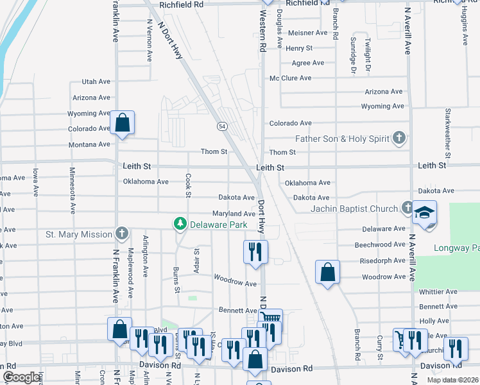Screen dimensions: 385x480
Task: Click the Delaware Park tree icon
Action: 181,224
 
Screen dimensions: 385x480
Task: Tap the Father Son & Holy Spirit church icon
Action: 399,138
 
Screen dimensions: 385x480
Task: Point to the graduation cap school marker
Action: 425,213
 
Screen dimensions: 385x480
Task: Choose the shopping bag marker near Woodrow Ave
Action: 327,272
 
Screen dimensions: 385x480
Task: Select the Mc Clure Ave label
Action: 290,78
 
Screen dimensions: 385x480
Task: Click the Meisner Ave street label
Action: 308,33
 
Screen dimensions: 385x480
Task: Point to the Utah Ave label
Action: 96,82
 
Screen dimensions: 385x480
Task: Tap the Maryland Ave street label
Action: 235,214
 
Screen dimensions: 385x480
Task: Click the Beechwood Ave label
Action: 380,245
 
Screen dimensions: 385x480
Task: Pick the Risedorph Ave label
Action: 383,261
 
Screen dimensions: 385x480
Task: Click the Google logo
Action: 22,377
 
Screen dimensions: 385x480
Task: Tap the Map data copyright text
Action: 452,380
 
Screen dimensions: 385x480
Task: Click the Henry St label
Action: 299,48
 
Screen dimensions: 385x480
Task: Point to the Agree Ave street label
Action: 308,63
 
